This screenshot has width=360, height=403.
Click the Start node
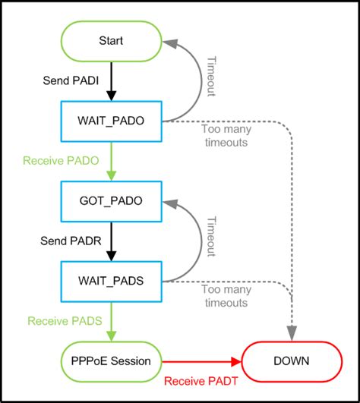(111, 40)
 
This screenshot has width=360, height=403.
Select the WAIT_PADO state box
(111, 120)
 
